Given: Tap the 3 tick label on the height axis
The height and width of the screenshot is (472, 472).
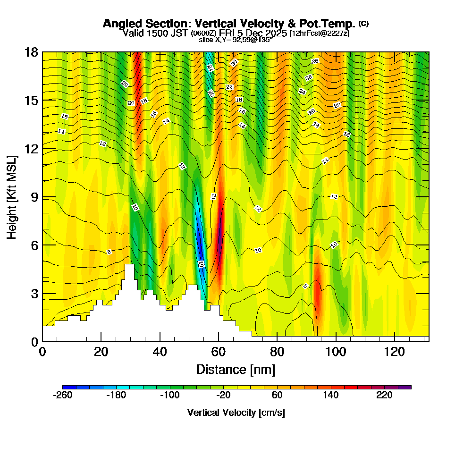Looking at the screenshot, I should click(x=34, y=294).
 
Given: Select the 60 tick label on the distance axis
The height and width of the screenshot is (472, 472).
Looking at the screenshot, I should click(x=219, y=352).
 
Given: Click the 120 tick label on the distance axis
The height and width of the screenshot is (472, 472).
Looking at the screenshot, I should click(x=394, y=352).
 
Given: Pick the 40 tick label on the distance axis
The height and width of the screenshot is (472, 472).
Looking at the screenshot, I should click(x=160, y=352).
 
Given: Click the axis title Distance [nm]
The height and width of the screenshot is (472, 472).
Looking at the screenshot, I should click(x=236, y=369).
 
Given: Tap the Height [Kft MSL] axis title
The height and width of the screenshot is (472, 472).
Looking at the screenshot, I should click(x=12, y=196).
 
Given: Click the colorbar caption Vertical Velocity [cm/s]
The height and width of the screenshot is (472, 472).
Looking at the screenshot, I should click(x=236, y=413).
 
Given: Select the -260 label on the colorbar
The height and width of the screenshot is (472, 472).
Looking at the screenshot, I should click(x=63, y=396).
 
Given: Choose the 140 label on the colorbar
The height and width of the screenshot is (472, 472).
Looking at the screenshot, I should click(x=331, y=396).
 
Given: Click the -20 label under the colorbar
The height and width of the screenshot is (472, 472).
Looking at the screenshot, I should click(x=224, y=396).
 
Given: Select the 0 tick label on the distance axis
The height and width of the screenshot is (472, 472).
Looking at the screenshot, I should click(x=42, y=352).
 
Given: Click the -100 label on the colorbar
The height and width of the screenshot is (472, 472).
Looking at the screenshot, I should click(x=170, y=396).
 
